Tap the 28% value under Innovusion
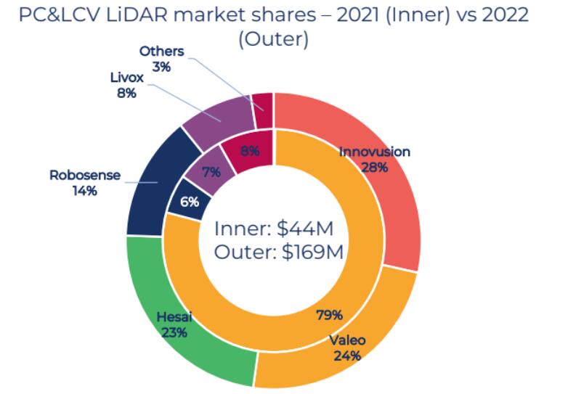tap(374, 167)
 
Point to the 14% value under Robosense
tap(84, 192)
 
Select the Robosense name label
tap(84, 176)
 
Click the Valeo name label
tap(346, 340)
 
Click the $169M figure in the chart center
tap(309, 253)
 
